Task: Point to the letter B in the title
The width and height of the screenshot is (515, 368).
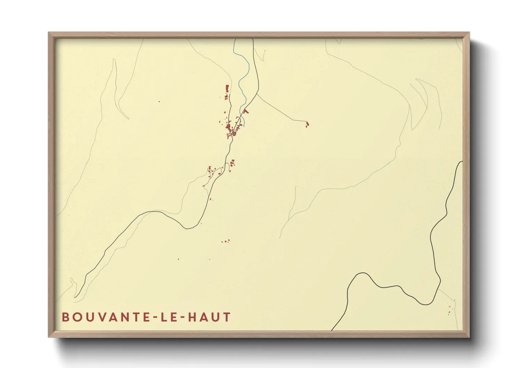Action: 65,317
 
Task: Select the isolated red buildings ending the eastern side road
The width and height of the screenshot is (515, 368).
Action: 307,124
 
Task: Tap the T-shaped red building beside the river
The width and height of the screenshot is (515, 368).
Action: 247,111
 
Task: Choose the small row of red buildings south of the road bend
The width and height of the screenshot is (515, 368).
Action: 226,241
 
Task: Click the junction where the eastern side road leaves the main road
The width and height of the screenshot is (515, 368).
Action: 257,94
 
